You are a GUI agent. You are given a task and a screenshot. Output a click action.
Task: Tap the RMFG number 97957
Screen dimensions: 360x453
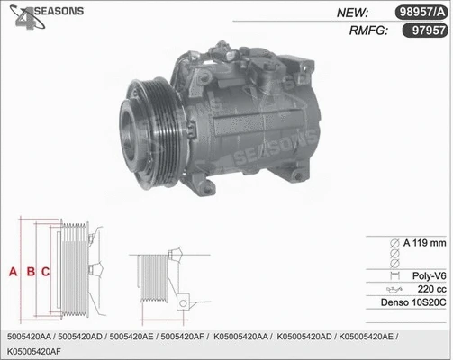click(x=427, y=30)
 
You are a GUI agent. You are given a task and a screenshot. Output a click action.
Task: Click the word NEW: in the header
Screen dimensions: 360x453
click(x=354, y=13)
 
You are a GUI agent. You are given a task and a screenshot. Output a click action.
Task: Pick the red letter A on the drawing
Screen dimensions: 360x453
click(x=13, y=271)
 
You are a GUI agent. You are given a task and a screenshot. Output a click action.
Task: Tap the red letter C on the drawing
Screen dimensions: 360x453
click(x=45, y=271)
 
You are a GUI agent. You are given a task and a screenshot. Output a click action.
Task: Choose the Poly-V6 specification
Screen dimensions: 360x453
click(x=428, y=276)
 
